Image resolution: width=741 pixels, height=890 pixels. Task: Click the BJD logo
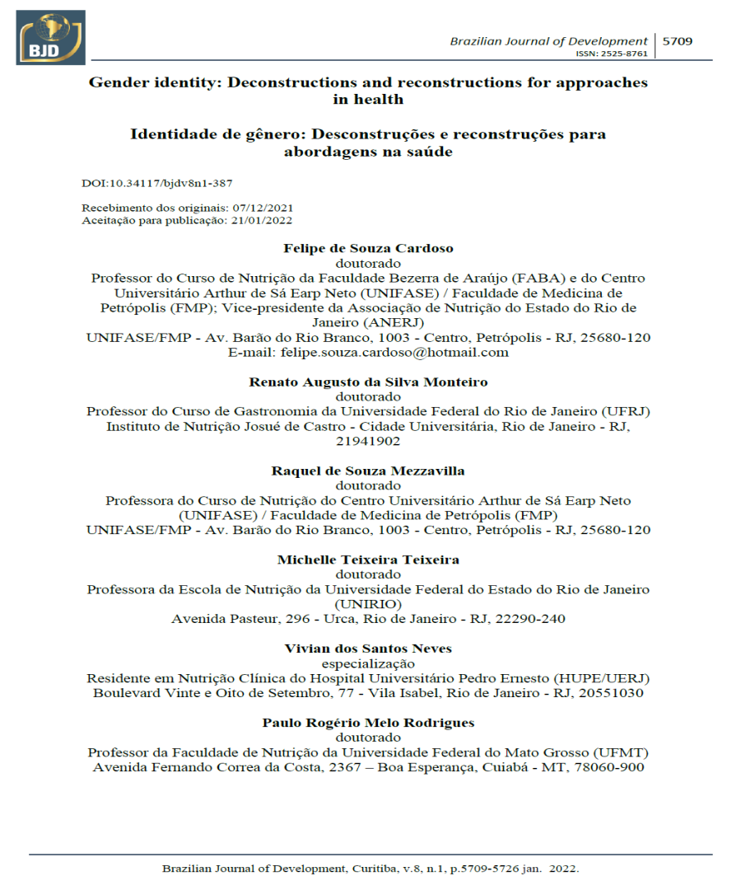pyautogui.click(x=50, y=38)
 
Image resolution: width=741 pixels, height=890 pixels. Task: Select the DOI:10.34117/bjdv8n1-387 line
pyautogui.click(x=151, y=182)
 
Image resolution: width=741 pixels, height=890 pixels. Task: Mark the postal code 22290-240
pyautogui.click(x=529, y=619)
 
